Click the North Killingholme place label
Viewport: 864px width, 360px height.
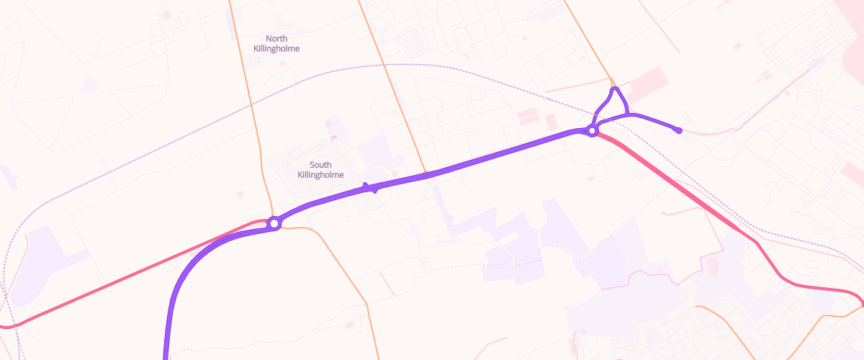pos(276,43)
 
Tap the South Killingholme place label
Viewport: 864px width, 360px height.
pos(320,170)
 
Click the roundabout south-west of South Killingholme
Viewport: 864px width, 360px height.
pos(274,224)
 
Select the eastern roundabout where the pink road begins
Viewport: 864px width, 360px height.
pos(592,131)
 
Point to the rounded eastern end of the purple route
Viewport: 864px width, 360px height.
pos(679,130)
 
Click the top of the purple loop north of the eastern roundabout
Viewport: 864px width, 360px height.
pos(616,89)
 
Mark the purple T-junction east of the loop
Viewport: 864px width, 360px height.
pos(630,114)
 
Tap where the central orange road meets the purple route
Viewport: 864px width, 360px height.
pos(427,174)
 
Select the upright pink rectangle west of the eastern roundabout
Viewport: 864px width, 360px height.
pos(551,122)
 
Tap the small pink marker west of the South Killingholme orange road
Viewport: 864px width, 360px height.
pos(240,194)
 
